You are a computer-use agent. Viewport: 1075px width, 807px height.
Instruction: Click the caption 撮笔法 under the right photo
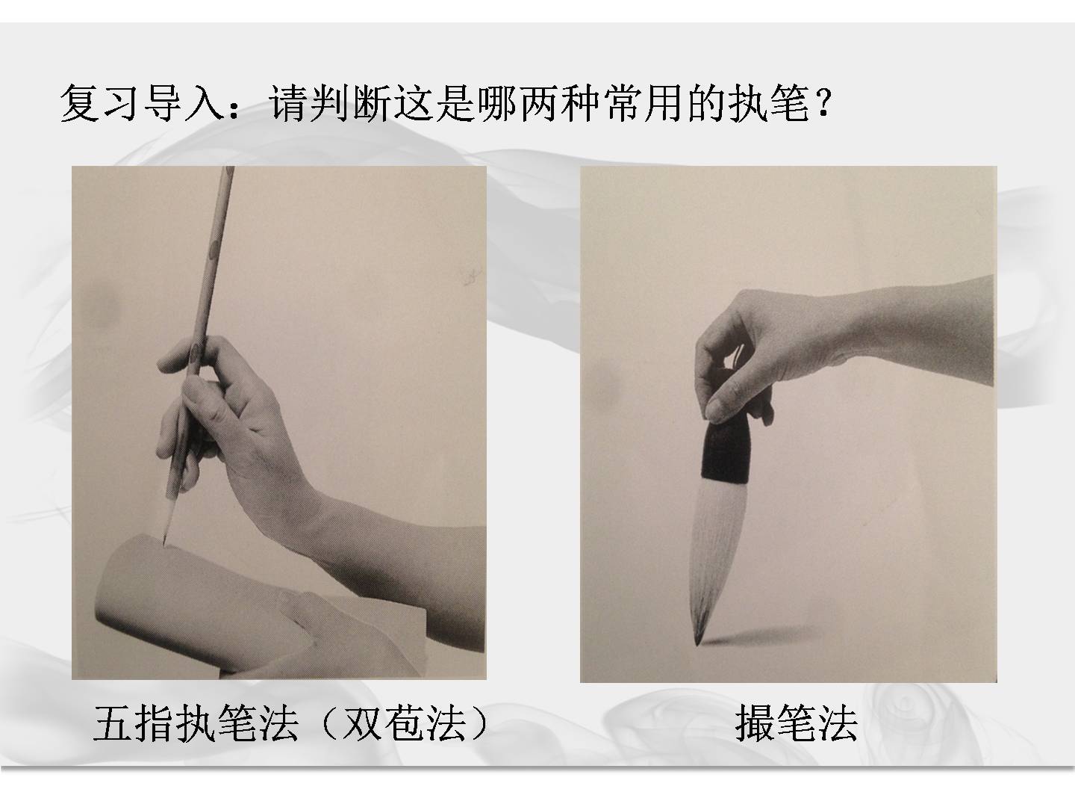797,724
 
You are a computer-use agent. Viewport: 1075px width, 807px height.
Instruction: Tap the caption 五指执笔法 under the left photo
196,724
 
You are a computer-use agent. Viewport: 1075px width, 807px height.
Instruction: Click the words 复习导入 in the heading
143,103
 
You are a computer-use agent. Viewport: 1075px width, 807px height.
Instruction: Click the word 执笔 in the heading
768,103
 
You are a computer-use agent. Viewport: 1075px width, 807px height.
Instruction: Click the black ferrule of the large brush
726,449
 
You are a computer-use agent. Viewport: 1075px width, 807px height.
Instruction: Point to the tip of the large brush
697,644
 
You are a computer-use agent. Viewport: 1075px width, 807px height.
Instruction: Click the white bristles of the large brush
717,554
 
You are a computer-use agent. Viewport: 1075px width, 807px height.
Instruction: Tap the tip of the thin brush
163,544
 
